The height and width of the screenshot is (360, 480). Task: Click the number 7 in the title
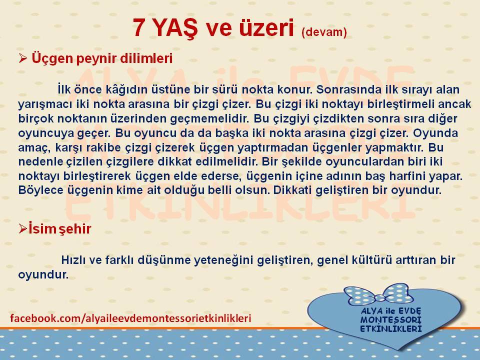(x=138, y=27)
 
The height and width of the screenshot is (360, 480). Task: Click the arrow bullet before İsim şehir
(x=23, y=228)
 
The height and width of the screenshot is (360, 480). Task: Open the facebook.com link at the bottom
(x=130, y=318)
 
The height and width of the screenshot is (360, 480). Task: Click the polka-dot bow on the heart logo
(x=376, y=294)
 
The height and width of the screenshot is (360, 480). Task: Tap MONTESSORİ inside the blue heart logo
(x=391, y=320)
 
